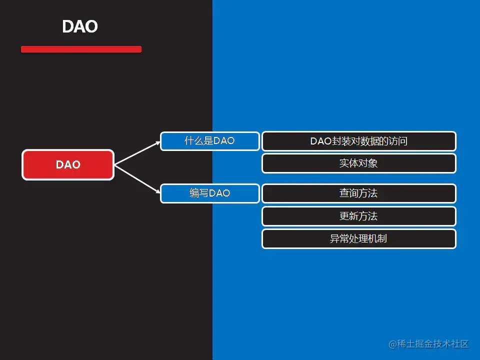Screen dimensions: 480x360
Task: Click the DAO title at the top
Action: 80,26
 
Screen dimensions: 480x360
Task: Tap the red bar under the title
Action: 81,49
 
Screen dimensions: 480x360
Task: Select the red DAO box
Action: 68,164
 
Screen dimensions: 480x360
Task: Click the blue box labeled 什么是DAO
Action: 210,141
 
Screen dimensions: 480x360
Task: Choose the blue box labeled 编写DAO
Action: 210,193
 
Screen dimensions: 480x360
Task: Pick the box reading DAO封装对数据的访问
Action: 359,141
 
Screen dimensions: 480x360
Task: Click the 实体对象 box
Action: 359,163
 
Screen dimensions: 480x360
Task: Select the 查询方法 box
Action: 359,193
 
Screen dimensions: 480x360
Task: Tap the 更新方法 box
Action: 359,216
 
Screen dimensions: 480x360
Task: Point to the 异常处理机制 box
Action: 359,239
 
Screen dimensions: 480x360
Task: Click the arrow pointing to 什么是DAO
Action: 137,153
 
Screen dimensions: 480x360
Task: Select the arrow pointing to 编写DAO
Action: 137,179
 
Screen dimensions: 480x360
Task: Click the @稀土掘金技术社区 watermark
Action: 428,344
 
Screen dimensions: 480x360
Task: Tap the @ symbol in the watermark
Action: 392,344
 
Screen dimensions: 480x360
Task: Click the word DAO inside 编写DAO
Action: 219,193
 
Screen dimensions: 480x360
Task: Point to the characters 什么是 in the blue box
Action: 198,141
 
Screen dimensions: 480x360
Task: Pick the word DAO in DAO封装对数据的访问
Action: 321,141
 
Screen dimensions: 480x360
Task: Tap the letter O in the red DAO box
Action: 76,164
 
